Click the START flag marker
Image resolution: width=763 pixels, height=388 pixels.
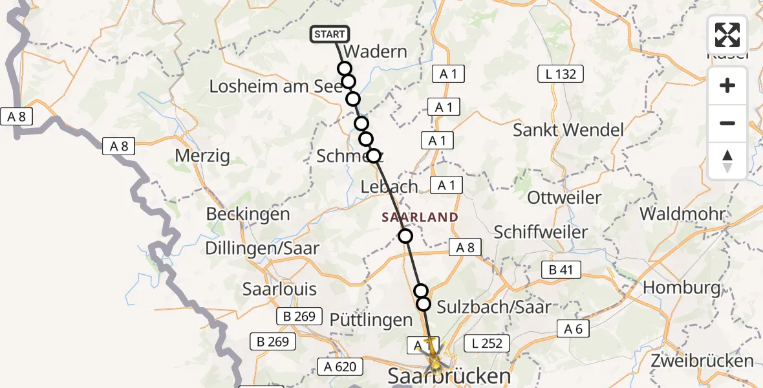[x=330, y=34]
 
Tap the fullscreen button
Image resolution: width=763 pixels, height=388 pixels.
[x=727, y=35]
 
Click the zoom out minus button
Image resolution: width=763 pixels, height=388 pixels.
[x=727, y=123]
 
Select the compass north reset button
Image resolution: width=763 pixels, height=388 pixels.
[x=727, y=161]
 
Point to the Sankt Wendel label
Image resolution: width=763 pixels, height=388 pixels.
[x=568, y=129]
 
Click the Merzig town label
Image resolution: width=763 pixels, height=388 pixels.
[x=202, y=156]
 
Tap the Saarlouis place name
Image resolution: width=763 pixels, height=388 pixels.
[x=279, y=288]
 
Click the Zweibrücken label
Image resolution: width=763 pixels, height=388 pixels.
[x=703, y=361]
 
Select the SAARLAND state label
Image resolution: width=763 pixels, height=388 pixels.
[x=420, y=217]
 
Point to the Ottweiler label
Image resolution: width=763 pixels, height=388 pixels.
[x=564, y=197]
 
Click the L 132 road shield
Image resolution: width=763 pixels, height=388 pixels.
[x=560, y=74]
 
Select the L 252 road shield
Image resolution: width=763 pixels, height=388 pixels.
[x=487, y=343]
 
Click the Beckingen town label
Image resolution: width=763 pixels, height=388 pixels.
[x=248, y=214]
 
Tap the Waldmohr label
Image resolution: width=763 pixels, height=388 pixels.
[x=682, y=213]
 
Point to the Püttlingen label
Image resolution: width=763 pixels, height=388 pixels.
[x=371, y=319]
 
